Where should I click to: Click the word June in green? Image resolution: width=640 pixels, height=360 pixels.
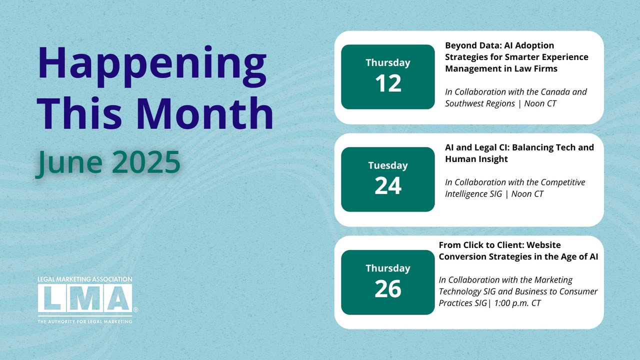click(68, 163)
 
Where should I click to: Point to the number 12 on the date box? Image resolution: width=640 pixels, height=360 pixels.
click(388, 83)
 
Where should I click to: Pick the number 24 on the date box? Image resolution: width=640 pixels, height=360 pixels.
click(388, 185)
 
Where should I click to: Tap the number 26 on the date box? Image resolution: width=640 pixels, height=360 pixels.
click(388, 288)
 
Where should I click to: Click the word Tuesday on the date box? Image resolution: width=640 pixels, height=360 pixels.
click(388, 165)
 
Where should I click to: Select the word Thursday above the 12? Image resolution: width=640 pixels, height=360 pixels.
click(388, 63)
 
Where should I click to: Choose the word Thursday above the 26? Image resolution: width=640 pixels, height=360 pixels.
click(388, 268)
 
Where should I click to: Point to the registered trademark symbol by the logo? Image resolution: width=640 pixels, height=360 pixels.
click(135, 309)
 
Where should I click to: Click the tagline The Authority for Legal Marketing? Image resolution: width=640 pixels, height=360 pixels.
click(85, 321)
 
